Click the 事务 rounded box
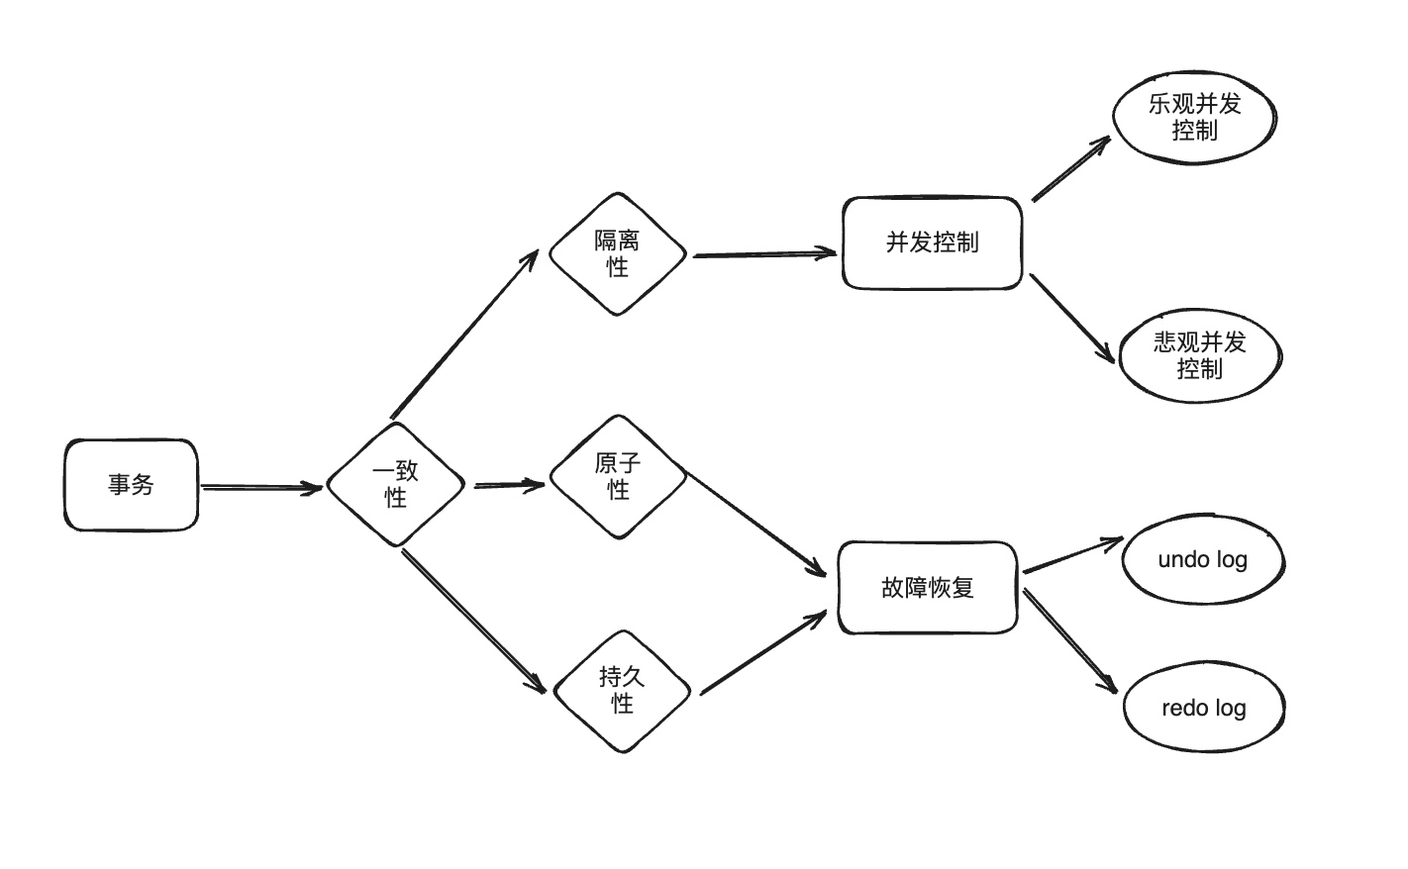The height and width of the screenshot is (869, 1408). (x=131, y=485)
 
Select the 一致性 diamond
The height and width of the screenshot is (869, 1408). (x=395, y=485)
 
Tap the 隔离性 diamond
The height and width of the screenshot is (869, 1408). (x=617, y=253)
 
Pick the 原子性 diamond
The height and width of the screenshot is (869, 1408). (x=618, y=476)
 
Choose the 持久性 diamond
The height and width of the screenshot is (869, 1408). (x=621, y=690)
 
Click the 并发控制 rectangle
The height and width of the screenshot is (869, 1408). (x=932, y=242)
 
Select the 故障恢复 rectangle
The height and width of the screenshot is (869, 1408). (x=928, y=587)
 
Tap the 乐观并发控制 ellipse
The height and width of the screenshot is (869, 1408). (x=1193, y=117)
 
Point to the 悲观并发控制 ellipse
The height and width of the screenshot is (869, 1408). (x=1199, y=355)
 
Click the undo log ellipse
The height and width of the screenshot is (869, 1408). (x=1202, y=560)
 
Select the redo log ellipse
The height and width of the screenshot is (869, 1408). (x=1203, y=709)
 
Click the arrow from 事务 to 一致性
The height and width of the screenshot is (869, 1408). (x=262, y=487)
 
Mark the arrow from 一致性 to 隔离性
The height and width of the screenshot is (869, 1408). (x=463, y=334)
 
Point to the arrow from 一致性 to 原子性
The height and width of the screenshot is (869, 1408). (x=509, y=485)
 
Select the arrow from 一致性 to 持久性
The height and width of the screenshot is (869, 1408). (x=473, y=621)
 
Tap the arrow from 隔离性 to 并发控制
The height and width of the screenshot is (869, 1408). (x=764, y=254)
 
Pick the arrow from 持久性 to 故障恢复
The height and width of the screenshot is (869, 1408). (x=762, y=654)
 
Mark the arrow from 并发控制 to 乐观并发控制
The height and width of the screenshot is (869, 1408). (x=1070, y=169)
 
